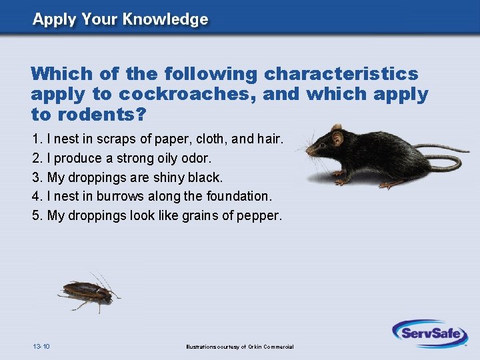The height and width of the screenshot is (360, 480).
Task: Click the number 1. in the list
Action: pos(37,140)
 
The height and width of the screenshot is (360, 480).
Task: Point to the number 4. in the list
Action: pos(37,197)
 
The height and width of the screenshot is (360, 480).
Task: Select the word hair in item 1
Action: pos(269,140)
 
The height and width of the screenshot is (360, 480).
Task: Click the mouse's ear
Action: pos(338,138)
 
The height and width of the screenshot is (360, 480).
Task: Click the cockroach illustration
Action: pos(88,291)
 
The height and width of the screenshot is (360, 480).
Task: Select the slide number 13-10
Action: pos(41,346)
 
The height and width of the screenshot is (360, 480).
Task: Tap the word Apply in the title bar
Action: pos(54,19)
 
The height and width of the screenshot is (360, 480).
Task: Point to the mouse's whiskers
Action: pos(305,143)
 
